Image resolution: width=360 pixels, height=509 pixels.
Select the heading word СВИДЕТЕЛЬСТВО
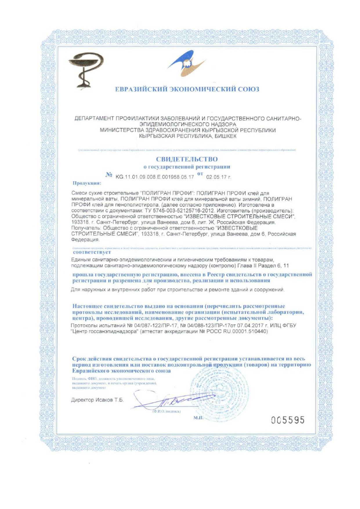tap(187, 159)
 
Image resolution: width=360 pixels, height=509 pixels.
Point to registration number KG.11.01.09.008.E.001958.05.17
tap(155, 177)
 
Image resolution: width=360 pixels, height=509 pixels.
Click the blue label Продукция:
tap(87, 183)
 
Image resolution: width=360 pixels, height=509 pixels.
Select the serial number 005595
tap(288, 420)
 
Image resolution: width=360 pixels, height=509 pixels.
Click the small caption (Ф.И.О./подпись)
tap(166, 411)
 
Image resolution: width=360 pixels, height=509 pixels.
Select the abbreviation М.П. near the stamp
tap(198, 418)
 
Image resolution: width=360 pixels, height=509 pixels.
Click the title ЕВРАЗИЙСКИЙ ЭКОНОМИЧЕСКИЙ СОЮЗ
tap(187, 89)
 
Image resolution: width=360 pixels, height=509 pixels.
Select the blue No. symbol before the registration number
tap(109, 175)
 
